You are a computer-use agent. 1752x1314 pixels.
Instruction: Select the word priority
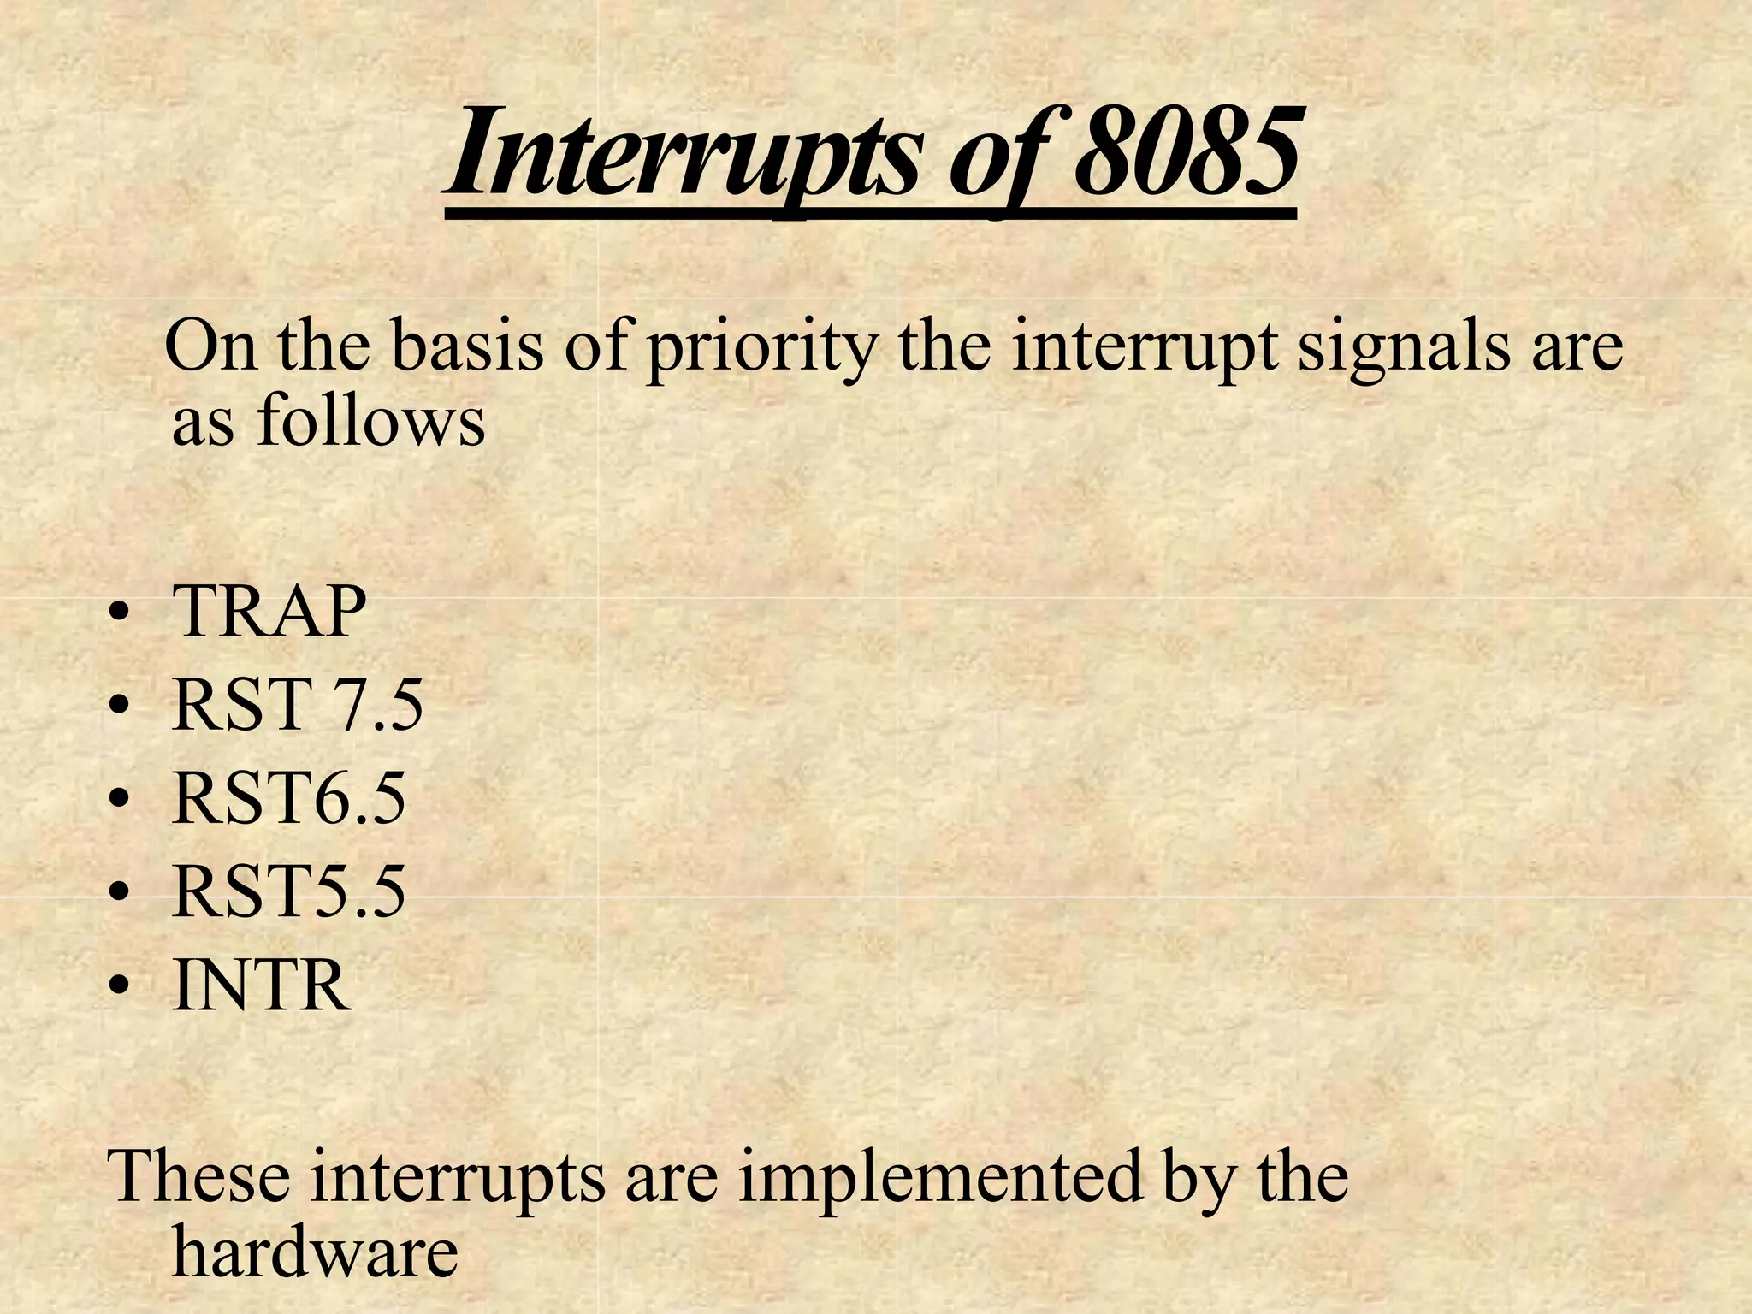tap(762, 349)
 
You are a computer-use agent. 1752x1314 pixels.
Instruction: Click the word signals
tap(1403, 349)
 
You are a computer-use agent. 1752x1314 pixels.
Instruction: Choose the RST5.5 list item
tap(288, 892)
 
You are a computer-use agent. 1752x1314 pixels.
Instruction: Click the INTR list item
tap(261, 986)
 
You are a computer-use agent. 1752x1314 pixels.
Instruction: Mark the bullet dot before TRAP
tap(120, 616)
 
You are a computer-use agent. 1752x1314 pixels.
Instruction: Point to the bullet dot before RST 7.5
tap(120, 710)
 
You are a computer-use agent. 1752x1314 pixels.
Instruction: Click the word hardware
tap(315, 1253)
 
